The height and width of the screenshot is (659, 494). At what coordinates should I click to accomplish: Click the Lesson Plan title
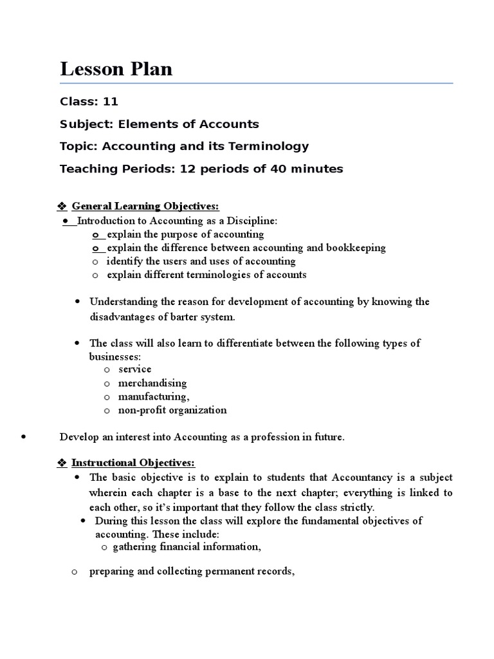tap(116, 69)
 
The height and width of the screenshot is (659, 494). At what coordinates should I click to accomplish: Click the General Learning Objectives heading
tap(145, 206)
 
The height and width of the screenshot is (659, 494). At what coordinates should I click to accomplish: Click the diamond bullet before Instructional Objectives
tap(62, 463)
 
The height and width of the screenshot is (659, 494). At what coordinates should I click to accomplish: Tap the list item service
tap(134, 369)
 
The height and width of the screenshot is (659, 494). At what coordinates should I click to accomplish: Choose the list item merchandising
tap(152, 383)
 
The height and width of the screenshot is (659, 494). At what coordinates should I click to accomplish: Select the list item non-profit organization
tap(172, 410)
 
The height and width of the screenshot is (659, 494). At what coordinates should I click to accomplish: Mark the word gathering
tap(134, 548)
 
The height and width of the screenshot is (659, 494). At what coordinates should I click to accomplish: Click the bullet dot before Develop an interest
tap(23, 437)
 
